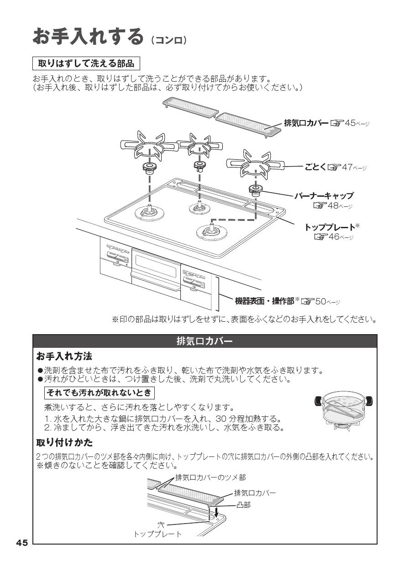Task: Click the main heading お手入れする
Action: tap(88, 37)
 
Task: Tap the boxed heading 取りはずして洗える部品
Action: tap(86, 63)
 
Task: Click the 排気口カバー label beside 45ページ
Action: tap(306, 123)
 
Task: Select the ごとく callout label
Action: tap(315, 167)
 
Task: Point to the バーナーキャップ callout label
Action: tap(324, 195)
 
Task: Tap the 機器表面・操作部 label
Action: tap(265, 301)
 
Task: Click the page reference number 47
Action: tap(347, 167)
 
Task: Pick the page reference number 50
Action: tap(320, 301)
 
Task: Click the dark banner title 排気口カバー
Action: tap(205, 341)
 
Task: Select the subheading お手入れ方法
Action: tap(64, 356)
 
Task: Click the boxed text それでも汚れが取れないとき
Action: tap(100, 393)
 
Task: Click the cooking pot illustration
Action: tap(343, 409)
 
